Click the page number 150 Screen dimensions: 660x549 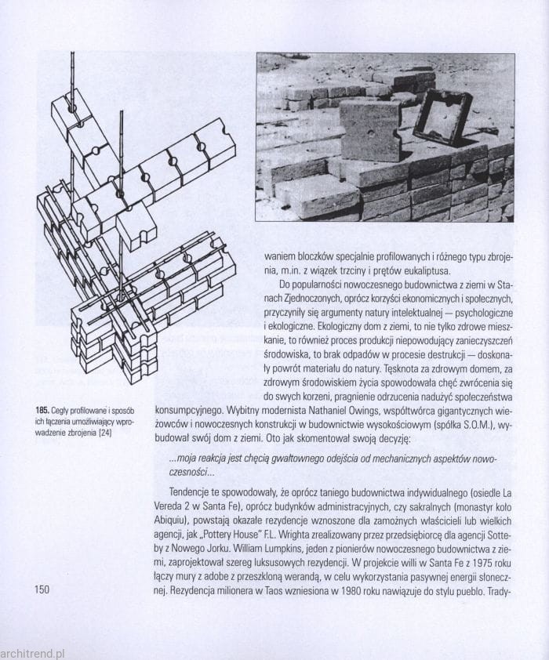pyautogui.click(x=42, y=589)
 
